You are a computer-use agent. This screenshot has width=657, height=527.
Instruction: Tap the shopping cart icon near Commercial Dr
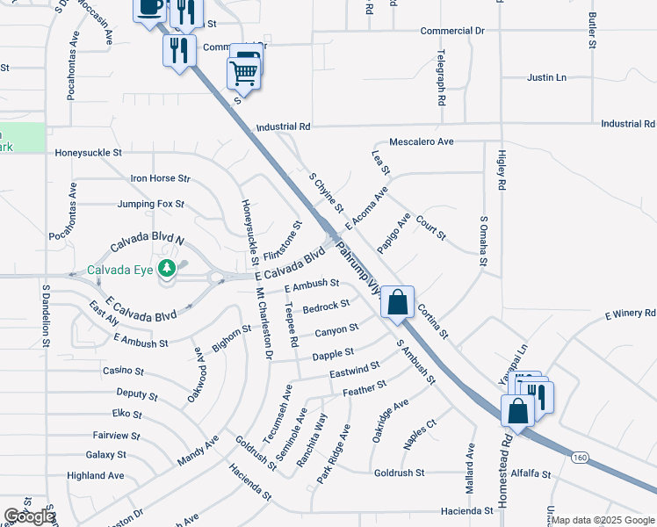coord(243,73)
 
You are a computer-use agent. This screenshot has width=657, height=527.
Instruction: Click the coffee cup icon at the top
coord(149,8)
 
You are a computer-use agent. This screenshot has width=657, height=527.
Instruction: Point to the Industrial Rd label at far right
coord(628,124)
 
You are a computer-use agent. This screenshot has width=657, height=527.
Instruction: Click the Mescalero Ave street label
coord(422,141)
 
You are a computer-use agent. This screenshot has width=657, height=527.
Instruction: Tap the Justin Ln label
coord(546,78)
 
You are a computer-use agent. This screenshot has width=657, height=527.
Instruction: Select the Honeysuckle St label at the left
coord(88,153)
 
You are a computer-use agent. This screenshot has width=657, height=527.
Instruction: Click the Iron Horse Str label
coord(161,178)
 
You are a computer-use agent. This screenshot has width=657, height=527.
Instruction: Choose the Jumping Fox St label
coord(151,204)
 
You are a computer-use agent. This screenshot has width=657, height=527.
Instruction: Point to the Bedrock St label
coord(326,306)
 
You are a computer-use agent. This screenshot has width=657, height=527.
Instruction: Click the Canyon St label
coord(336,330)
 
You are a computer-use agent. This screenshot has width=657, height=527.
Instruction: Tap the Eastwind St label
coord(355,370)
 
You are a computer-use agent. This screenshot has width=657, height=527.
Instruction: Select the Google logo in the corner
coord(28,516)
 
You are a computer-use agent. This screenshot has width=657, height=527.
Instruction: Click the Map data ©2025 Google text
coord(603,520)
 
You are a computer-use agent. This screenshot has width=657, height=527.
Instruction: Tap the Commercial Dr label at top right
coord(452,31)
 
